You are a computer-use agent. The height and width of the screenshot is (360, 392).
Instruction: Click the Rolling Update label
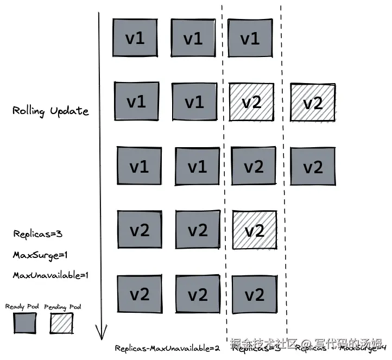(x=50, y=111)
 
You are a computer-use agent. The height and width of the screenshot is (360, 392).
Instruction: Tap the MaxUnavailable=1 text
(x=50, y=275)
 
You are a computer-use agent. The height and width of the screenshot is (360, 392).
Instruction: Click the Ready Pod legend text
(x=22, y=307)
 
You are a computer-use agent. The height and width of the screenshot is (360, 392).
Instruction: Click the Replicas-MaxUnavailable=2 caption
(x=167, y=348)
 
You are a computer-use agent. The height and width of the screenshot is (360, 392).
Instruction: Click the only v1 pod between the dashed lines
(x=250, y=39)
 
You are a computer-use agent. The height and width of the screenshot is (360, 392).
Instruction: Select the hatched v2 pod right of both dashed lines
(x=313, y=103)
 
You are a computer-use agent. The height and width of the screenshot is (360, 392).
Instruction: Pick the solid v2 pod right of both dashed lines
(x=313, y=167)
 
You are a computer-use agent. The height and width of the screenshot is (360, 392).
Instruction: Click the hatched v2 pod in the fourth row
(x=254, y=230)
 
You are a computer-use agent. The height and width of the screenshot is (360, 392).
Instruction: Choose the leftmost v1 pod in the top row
(x=135, y=38)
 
